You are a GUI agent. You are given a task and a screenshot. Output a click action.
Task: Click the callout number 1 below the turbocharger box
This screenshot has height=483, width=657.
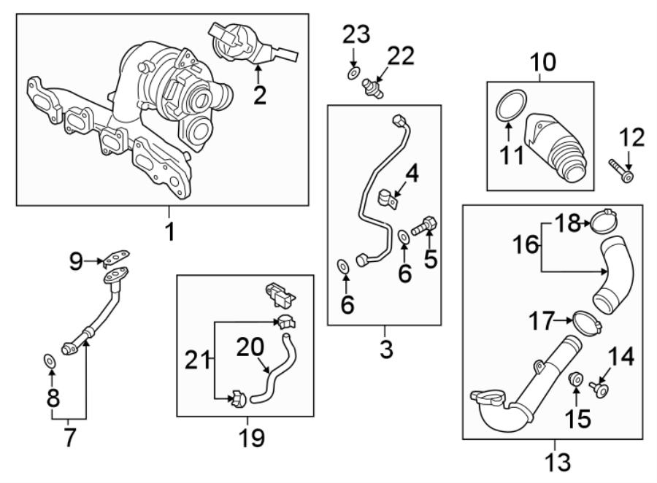pos(169,231)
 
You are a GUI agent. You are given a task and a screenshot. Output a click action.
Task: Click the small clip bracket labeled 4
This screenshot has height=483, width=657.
pos(387,196)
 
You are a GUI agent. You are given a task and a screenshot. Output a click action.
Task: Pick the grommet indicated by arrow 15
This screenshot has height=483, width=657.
pos(575,379)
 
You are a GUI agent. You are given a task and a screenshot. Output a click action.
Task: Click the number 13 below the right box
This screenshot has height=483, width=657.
pos(554,462)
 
